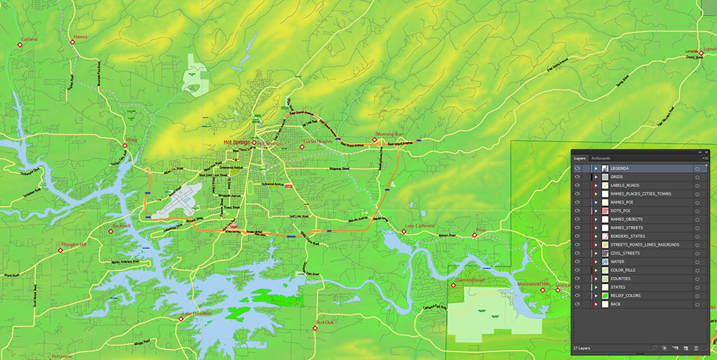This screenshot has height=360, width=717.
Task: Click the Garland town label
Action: pos(29,39)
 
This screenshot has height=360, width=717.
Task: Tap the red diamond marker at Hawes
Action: pos(73,43)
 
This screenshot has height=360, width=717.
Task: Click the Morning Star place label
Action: pos(389,134)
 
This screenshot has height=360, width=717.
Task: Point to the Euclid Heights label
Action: pos(317,142)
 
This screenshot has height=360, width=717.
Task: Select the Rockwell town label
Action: pos(122,226)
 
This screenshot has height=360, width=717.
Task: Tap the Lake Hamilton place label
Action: pos(196,314)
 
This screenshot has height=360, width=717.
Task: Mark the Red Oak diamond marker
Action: pos(316,328)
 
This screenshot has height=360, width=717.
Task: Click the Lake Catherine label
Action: pos(419,226)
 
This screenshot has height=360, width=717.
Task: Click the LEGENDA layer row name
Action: pos(620,168)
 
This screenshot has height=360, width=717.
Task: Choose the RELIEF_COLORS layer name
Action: pos(626,295)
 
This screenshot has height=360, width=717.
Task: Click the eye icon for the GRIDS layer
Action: pos(577,176)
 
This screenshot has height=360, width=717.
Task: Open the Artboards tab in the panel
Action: pos(601,158)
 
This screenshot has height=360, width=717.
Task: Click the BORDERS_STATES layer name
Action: pos(628,236)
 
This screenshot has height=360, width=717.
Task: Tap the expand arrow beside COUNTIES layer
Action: pos(596,278)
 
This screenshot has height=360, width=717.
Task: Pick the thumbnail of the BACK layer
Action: pos(604,304)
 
